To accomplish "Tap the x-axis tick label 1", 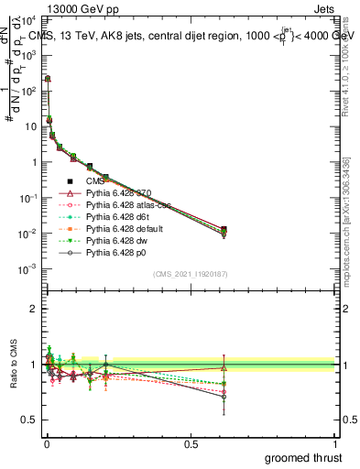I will pyautogui.click(x=335, y=442).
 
